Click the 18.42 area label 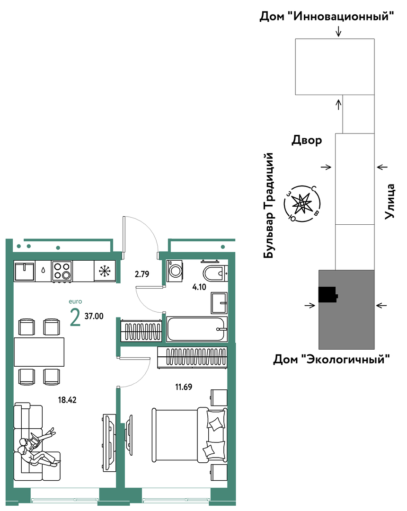pyautogui.click(x=67, y=400)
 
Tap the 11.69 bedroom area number pyautogui.click(x=184, y=387)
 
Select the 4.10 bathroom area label pyautogui.click(x=199, y=287)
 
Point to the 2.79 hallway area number pyautogui.click(x=142, y=274)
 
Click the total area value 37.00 pyautogui.click(x=94, y=316)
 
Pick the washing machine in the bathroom pyautogui.click(x=175, y=271)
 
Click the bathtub pyautogui.click(x=197, y=329)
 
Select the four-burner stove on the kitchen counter pyautogui.click(x=62, y=271)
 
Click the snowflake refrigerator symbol pyautogui.click(x=105, y=271)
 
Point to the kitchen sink pyautogui.click(x=25, y=271)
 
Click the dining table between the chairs pyautogui.click(x=39, y=352)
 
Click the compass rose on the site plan pyautogui.click(x=302, y=204)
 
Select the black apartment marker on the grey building pyautogui.click(x=327, y=295)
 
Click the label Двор pyautogui.click(x=307, y=141)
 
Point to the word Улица pyautogui.click(x=390, y=201)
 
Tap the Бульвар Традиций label pyautogui.click(x=269, y=206)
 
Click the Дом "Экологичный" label pyautogui.click(x=331, y=360)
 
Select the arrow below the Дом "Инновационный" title pyautogui.click(x=339, y=31)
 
